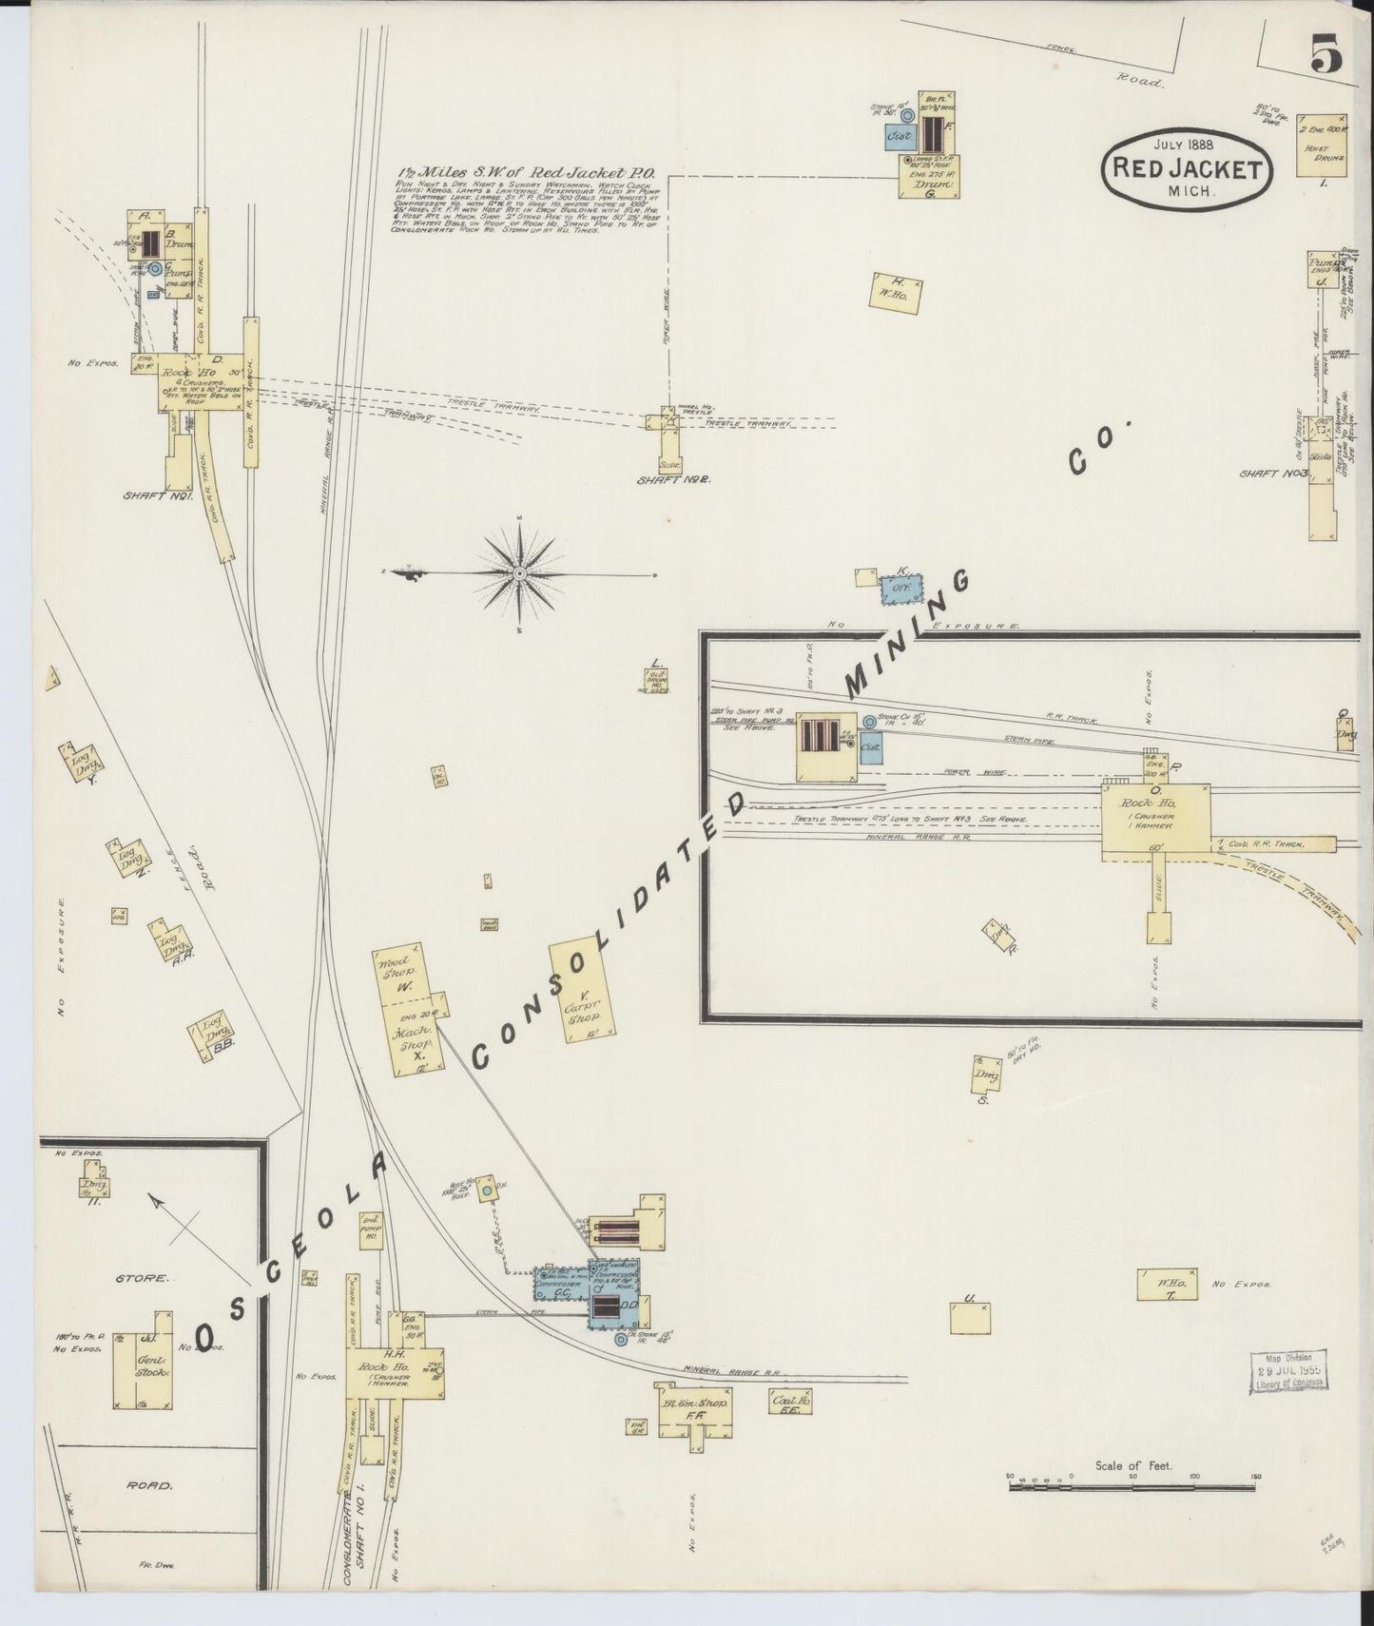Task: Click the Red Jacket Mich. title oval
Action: coord(1186,167)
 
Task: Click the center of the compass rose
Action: coord(520,574)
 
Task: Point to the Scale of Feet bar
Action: coord(1132,1507)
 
